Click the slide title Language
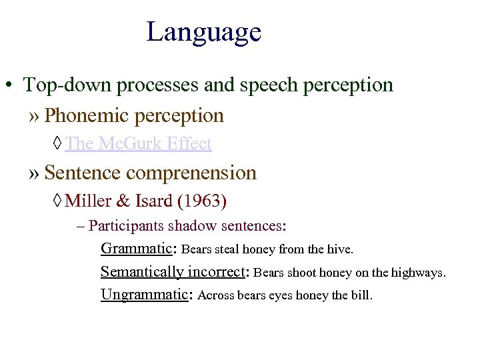[x=203, y=32]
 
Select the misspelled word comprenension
[x=191, y=173]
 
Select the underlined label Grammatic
[x=136, y=249]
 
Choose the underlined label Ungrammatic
[x=145, y=295]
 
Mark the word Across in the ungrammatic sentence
[x=216, y=295]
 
